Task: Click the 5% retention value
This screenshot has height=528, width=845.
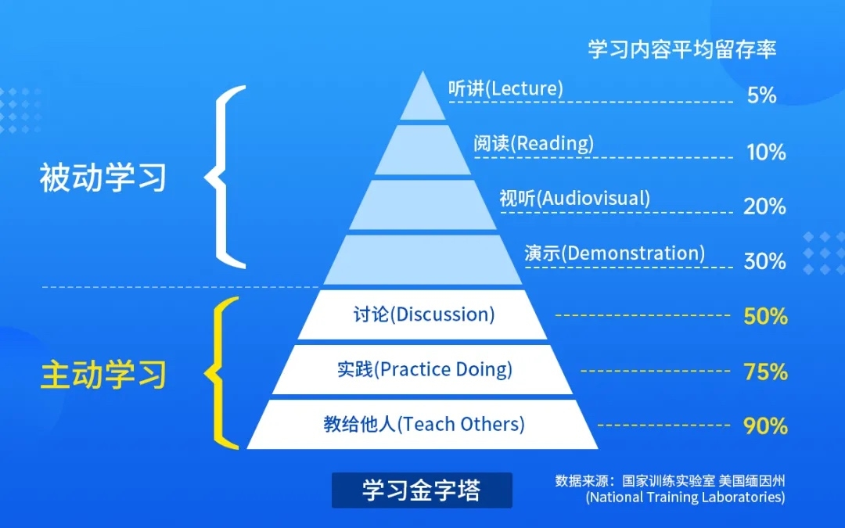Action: (x=761, y=95)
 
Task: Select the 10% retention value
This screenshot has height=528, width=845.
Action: (x=765, y=152)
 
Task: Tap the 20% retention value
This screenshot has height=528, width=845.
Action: (x=764, y=206)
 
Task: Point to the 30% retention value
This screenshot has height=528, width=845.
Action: (x=764, y=260)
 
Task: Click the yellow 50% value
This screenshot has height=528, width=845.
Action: (x=765, y=316)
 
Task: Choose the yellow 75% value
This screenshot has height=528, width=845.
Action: (x=765, y=372)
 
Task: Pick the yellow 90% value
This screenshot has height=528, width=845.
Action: (x=765, y=426)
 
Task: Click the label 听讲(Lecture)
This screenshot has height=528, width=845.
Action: (x=505, y=88)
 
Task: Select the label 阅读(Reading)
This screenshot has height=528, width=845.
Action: (x=533, y=143)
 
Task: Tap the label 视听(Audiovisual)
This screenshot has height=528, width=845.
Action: (x=574, y=198)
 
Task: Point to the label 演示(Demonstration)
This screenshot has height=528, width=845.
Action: (x=614, y=253)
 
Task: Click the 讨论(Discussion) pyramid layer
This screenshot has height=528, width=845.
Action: (x=423, y=314)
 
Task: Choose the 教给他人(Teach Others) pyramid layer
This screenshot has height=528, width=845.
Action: (x=423, y=424)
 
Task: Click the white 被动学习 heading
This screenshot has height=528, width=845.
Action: (x=103, y=178)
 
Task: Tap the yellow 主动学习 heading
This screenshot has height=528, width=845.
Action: (x=103, y=374)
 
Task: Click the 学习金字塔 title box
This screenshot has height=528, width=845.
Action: (x=422, y=490)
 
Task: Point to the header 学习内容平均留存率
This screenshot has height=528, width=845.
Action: (x=681, y=48)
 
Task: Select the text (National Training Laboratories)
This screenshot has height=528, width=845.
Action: (x=685, y=497)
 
